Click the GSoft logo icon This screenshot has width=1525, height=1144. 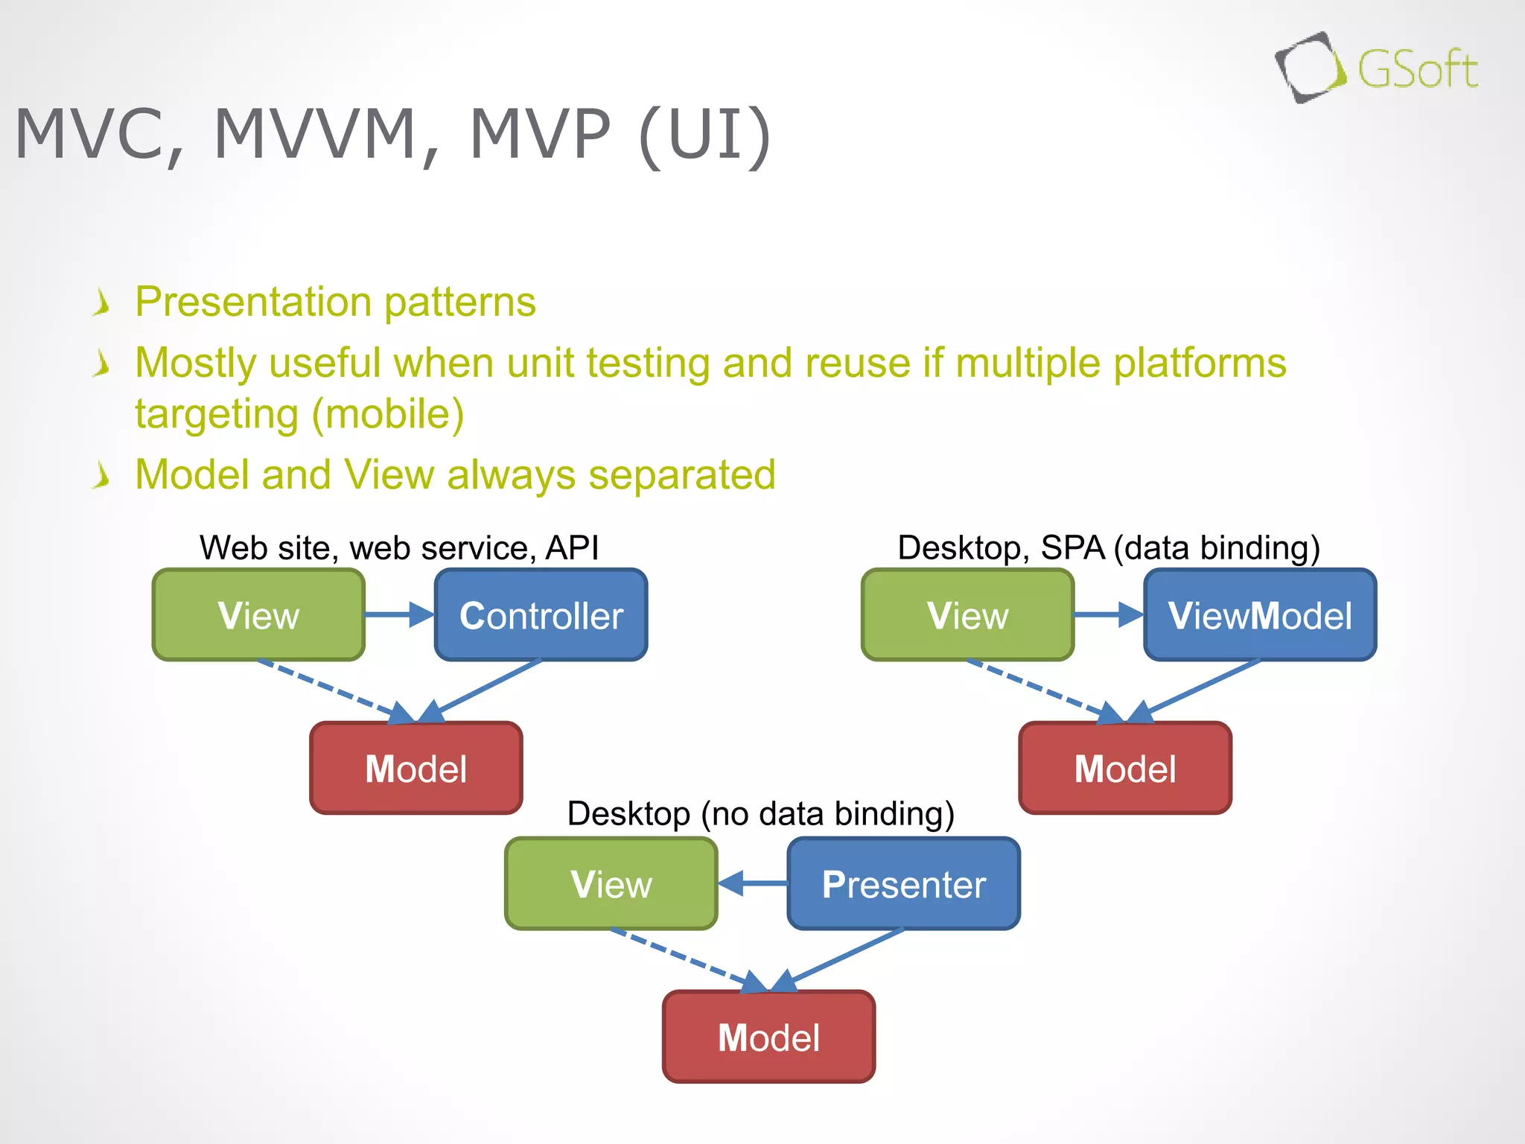(x=1310, y=68)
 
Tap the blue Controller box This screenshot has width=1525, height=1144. (x=541, y=615)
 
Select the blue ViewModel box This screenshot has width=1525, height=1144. (x=1259, y=615)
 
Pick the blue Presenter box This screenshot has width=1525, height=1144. (x=903, y=884)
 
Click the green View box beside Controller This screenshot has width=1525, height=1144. (x=258, y=615)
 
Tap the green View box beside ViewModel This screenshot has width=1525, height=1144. (x=967, y=615)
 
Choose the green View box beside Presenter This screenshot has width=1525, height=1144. (x=611, y=884)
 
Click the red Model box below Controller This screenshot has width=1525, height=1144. (x=416, y=769)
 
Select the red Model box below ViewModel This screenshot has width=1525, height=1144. (x=1124, y=769)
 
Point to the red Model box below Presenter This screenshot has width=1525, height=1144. (x=768, y=1037)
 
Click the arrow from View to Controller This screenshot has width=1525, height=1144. (x=399, y=615)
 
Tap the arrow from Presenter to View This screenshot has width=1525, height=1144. (x=753, y=884)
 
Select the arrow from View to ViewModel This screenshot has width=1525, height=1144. (x=1108, y=615)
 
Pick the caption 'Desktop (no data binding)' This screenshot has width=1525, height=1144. (x=760, y=813)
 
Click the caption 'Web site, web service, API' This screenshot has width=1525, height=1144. (x=399, y=548)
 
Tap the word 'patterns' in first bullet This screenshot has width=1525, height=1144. (x=459, y=302)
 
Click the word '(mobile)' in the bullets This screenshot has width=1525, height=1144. (x=387, y=414)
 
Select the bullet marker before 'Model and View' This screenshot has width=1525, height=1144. (x=102, y=475)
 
